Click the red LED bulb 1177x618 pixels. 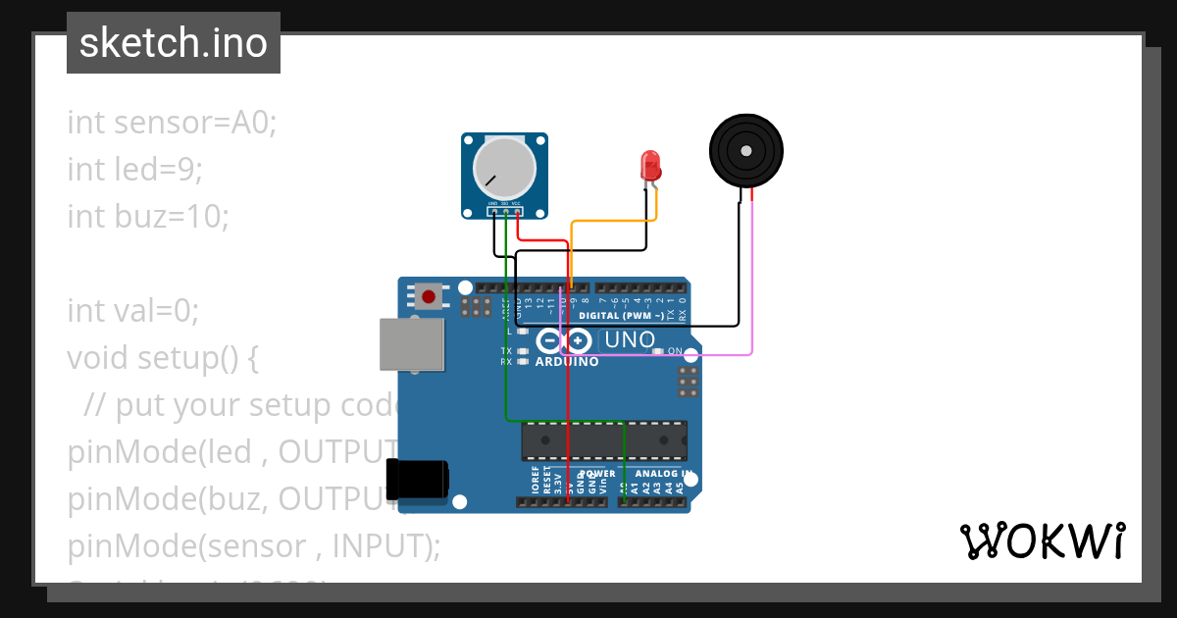point(649,165)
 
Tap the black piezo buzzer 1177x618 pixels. point(746,150)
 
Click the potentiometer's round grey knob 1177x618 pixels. point(505,166)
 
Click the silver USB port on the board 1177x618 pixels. point(411,343)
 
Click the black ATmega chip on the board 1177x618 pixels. point(603,440)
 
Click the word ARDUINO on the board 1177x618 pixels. point(567,362)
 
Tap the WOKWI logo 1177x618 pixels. point(1042,541)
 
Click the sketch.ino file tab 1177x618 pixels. point(174,43)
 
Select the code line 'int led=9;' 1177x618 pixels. point(134,169)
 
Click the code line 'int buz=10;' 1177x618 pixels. point(147,216)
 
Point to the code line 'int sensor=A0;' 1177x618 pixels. point(172,123)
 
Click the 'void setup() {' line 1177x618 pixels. point(162,357)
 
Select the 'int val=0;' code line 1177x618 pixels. point(132,310)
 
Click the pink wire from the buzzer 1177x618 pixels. point(751,284)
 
